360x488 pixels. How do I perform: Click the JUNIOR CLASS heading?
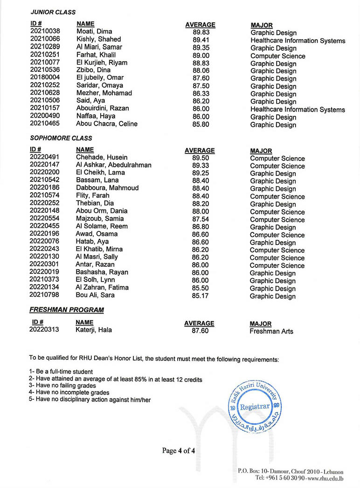[x=53, y=12]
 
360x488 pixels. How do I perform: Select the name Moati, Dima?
[x=94, y=32]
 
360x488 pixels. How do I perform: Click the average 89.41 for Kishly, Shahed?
[x=201, y=40]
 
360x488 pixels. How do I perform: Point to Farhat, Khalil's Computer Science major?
[x=278, y=56]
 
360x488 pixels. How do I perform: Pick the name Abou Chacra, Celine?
[x=107, y=124]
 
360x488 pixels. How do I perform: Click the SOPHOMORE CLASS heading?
[x=61, y=138]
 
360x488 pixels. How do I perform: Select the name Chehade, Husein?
[x=102, y=157]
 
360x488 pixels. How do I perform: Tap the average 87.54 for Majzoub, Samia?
[x=200, y=219]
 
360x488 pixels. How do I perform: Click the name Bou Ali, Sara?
[x=95, y=295]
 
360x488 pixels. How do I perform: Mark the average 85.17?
[x=200, y=295]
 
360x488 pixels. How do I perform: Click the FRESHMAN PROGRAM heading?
[x=67, y=310]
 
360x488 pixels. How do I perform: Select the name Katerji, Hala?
[x=94, y=330]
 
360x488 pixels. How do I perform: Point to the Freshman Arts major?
[x=271, y=331]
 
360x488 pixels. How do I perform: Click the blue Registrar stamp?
[x=255, y=406]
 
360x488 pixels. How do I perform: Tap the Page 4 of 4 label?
[x=179, y=451]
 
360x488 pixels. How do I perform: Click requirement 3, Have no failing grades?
[x=62, y=386]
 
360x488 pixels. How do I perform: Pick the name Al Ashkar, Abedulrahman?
[x=114, y=165]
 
